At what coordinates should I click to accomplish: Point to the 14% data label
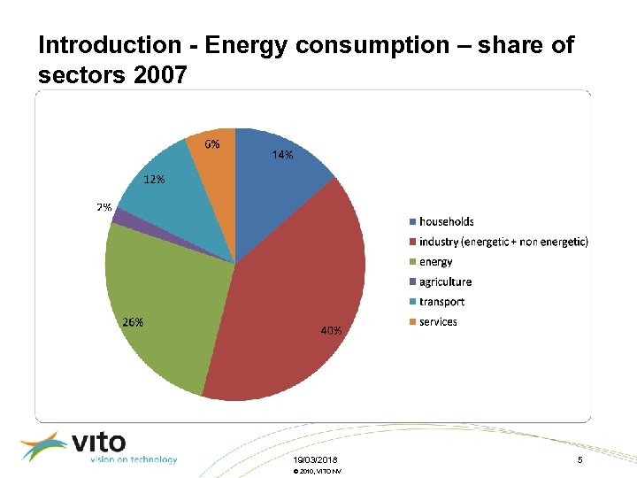coord(282,154)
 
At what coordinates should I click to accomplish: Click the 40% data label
coord(331,330)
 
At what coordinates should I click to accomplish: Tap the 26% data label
coord(133,322)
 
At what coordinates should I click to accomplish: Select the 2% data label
coord(104,208)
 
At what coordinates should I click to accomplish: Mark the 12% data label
coord(154,179)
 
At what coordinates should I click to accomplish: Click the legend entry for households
coord(446,221)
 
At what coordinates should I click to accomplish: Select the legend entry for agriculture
coord(445,281)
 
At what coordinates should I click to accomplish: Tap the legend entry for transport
coord(441,302)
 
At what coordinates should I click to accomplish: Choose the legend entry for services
coord(438,321)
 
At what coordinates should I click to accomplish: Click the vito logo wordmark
coord(97,442)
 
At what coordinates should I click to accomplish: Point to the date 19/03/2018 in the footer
coord(315,460)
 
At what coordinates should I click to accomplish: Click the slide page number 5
coord(579,460)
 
